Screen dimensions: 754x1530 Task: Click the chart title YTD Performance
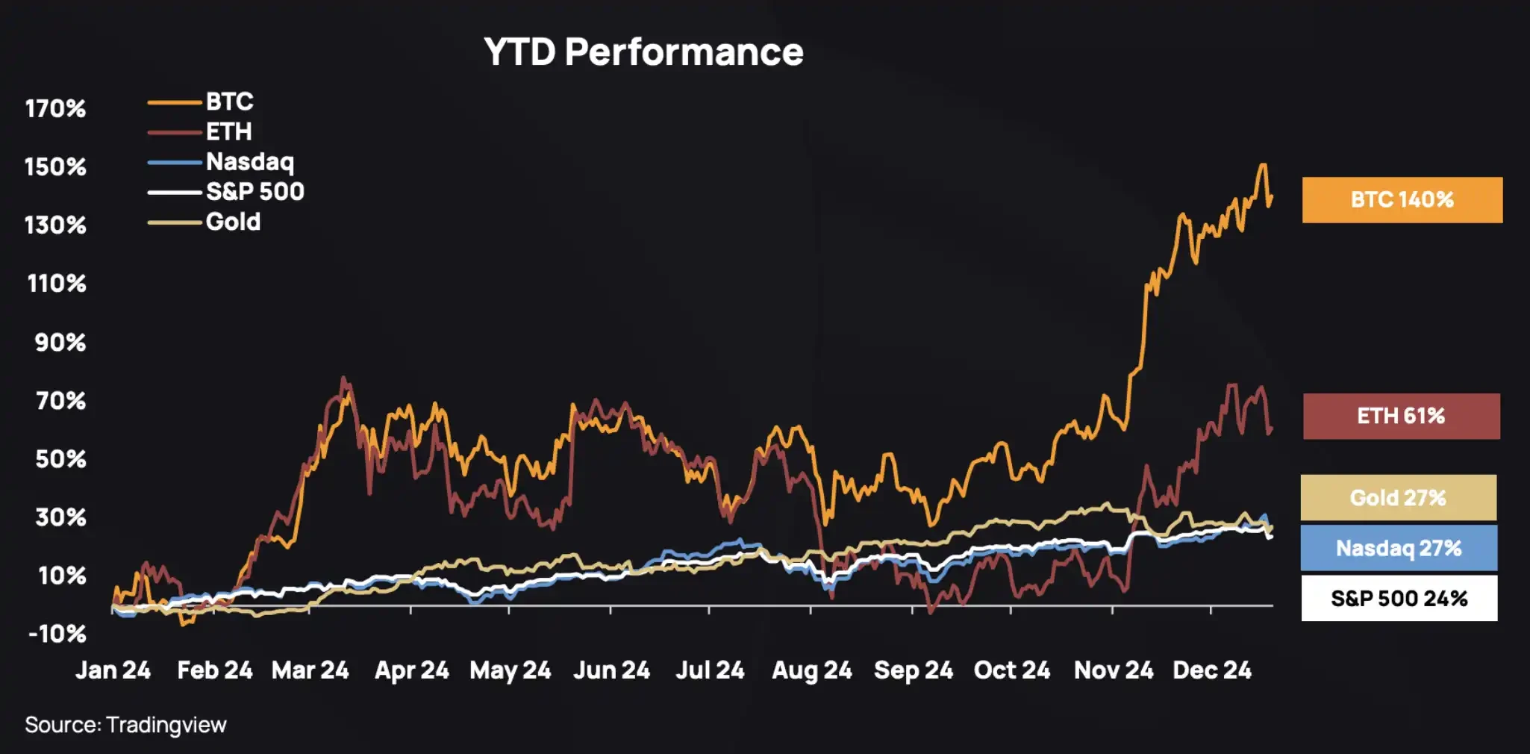pos(643,52)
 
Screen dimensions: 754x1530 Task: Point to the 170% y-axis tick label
pos(55,109)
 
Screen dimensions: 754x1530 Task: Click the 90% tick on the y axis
pos(60,343)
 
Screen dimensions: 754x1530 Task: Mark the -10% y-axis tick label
pos(57,635)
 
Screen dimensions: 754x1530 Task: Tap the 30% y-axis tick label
pos(60,517)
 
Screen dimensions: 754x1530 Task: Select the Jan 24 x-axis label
pos(113,670)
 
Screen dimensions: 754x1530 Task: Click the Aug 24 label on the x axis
pos(811,670)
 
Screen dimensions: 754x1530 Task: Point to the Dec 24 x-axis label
pos(1211,670)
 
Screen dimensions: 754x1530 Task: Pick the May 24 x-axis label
pos(510,670)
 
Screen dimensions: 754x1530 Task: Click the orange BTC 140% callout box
pos(1402,200)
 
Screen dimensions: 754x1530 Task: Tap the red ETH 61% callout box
pos(1401,416)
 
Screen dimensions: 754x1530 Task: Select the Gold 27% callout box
pos(1398,498)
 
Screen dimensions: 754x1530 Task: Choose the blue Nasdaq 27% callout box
pos(1399,548)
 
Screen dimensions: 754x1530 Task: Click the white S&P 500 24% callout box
pos(1399,598)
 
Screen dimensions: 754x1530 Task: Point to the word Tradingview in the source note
pos(166,725)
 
